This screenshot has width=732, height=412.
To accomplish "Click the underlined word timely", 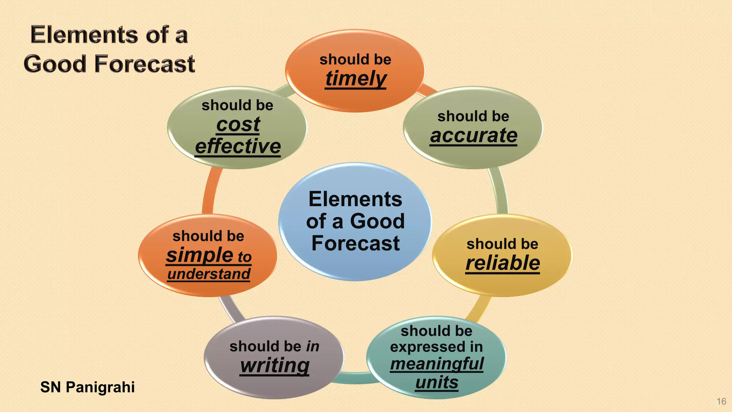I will coord(356,79).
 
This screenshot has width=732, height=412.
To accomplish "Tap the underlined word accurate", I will coord(474,136).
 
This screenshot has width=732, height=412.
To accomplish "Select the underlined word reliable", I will coord(503,264).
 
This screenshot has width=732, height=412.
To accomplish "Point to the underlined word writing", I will coord(274,366).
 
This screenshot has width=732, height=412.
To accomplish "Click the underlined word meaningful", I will coord(437,364).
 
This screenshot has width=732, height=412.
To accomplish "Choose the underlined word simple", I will coord(200,255).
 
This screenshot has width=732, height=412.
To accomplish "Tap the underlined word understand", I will coord(209,274).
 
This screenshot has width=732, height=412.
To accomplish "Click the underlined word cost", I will coord(238,125).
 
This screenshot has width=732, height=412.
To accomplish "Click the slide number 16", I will coord(721,402).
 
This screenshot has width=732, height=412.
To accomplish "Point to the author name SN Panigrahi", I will coord(88,387).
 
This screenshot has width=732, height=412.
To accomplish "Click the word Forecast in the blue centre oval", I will coord(356,244).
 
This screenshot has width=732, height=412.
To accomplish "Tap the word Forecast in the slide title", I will coord(144,64).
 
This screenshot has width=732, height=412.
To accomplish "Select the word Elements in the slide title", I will coord(84,35).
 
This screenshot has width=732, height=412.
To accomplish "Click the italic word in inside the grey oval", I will coord(313,347).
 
